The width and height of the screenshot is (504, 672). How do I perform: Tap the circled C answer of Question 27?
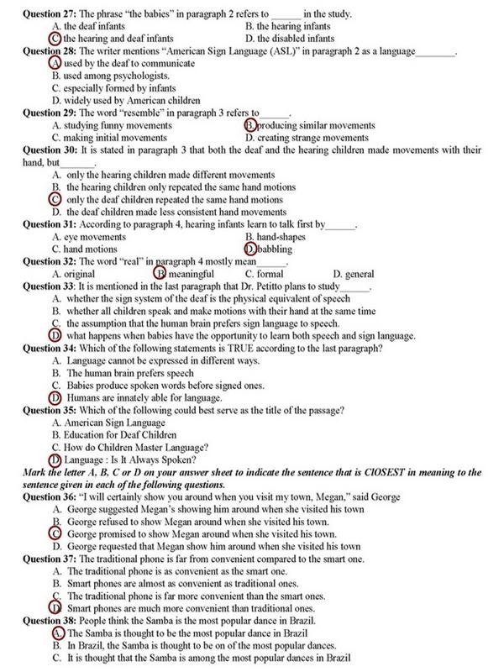click(55, 39)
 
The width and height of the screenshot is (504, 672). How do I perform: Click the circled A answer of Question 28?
click(55, 64)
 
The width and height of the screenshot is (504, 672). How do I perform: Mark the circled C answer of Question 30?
click(55, 200)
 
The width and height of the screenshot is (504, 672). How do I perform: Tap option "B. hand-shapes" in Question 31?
click(278, 237)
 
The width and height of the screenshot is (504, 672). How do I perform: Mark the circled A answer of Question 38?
click(57, 633)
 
